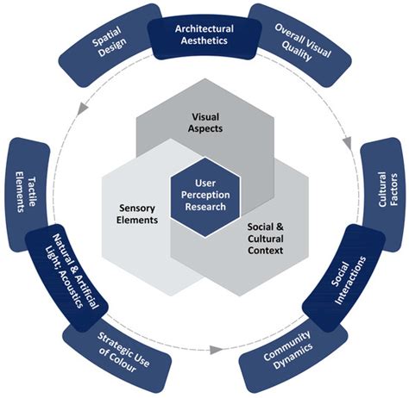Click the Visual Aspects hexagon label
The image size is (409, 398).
(205, 124)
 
